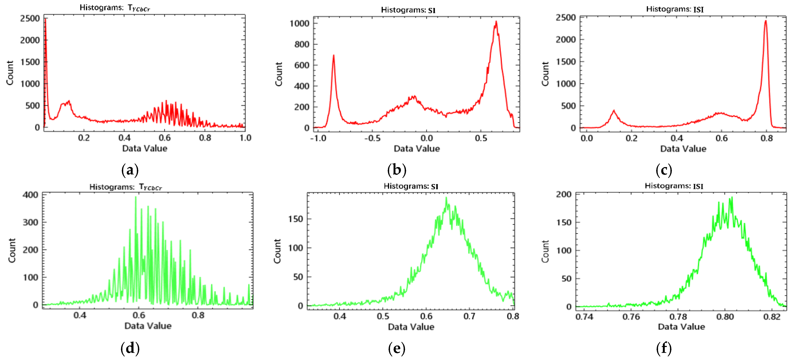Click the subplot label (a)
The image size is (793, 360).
click(x=130, y=170)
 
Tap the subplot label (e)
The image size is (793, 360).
click(x=396, y=348)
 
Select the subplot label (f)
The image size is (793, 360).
click(x=664, y=348)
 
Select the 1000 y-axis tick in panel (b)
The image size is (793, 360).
click(x=299, y=23)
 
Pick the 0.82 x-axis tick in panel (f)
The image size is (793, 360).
click(x=772, y=317)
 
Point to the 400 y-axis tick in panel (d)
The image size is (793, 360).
click(x=30, y=195)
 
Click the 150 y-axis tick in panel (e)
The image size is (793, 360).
click(x=296, y=219)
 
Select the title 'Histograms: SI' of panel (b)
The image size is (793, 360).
click(x=408, y=10)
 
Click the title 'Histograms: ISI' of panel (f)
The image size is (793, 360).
click(x=674, y=186)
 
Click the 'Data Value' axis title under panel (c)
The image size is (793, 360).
click(x=683, y=149)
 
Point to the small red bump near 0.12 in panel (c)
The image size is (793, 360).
click(x=614, y=111)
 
